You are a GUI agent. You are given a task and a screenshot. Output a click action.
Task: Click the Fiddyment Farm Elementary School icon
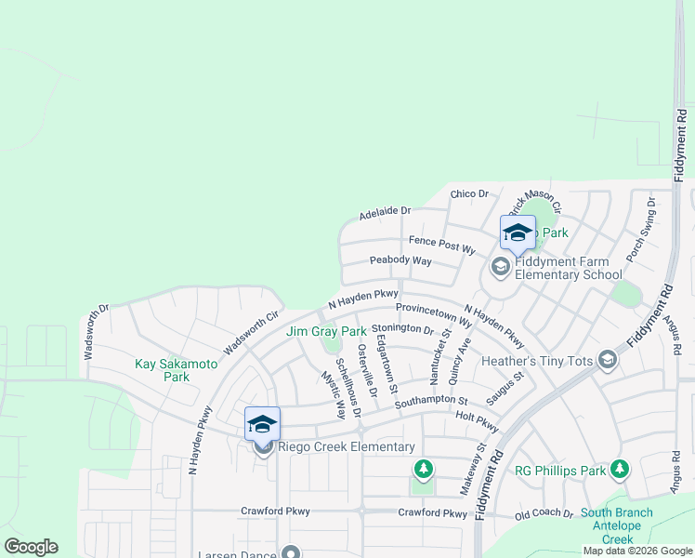pos(500,268)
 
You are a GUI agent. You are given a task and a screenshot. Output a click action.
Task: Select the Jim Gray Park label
pos(326,331)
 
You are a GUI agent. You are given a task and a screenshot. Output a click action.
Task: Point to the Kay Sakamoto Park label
pos(177,370)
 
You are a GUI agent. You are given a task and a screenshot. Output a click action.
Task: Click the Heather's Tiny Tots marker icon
pos(608,359)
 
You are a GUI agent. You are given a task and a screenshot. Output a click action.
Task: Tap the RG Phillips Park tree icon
pos(619,471)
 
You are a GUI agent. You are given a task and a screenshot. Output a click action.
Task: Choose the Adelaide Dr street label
pos(386,212)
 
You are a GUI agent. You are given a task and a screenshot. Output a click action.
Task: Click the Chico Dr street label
pos(469,194)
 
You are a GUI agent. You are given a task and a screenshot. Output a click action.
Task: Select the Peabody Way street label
pos(400,261)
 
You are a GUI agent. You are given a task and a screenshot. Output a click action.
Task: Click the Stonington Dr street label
pos(402,329)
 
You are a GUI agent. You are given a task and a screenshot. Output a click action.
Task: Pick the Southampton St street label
pos(431,402)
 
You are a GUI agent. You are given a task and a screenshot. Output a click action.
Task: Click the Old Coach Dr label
pos(544,512)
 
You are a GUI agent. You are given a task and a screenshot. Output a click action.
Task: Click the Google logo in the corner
pos(31,547)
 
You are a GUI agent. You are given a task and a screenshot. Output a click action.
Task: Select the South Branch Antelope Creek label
pos(617,525)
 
